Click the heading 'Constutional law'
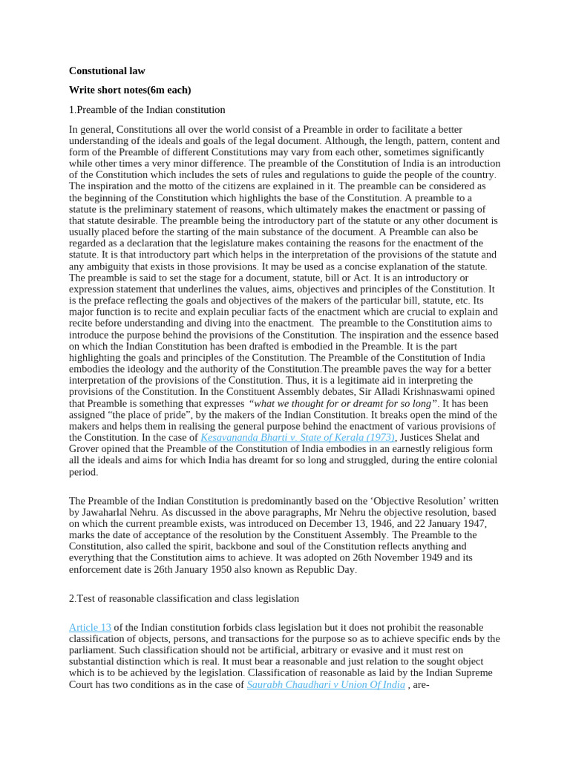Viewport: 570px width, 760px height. point(107,71)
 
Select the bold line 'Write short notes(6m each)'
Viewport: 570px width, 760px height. point(130,90)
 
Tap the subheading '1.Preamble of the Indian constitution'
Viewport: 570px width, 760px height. point(147,110)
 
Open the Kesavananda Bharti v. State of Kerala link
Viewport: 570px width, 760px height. point(298,438)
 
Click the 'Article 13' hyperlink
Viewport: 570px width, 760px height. point(90,627)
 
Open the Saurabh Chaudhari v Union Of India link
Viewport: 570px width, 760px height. point(325,684)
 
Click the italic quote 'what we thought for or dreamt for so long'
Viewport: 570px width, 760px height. point(344,403)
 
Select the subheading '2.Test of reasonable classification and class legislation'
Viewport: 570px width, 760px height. point(184,598)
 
